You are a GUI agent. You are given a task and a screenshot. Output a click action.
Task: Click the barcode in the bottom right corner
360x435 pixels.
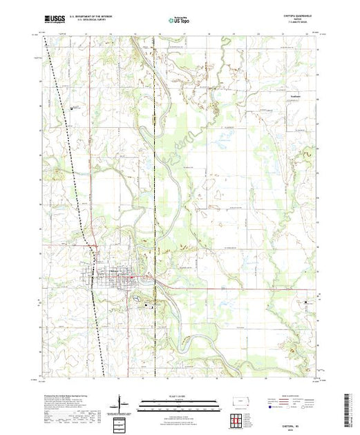pyautogui.click(x=348, y=407)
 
